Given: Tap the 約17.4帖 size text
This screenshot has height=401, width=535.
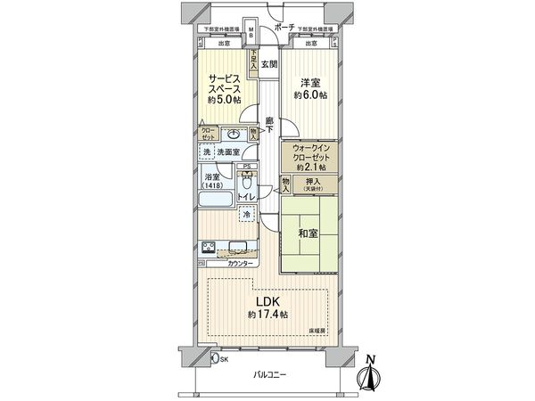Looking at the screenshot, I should click(x=267, y=315).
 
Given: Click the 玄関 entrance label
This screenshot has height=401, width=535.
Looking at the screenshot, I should click(x=269, y=64).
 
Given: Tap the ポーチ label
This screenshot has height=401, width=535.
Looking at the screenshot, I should click(x=284, y=29).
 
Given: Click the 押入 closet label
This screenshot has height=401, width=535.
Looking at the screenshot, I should click(x=316, y=182).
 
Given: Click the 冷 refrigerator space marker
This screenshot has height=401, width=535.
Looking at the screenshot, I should click(x=245, y=215).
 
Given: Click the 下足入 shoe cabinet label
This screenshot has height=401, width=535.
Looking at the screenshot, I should click(x=254, y=60).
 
